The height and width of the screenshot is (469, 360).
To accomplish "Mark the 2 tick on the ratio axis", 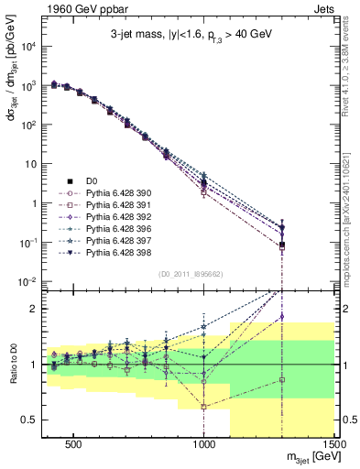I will click(35, 309).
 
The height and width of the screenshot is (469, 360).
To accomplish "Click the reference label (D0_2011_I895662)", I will click(191, 273).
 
